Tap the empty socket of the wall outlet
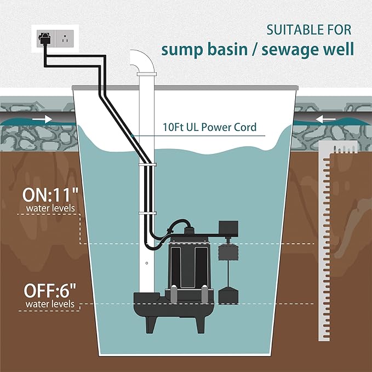(65, 39)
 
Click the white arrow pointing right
(42, 119)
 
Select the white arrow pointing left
(325, 119)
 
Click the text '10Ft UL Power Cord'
(209, 127)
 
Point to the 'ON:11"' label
(50, 194)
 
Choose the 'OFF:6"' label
(50, 290)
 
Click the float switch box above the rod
(228, 228)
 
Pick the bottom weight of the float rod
(228, 295)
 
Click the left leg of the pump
(151, 324)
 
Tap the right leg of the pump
(201, 324)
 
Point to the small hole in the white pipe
(147, 263)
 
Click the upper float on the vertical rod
(228, 252)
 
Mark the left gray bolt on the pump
(174, 294)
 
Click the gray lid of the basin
(185, 88)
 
